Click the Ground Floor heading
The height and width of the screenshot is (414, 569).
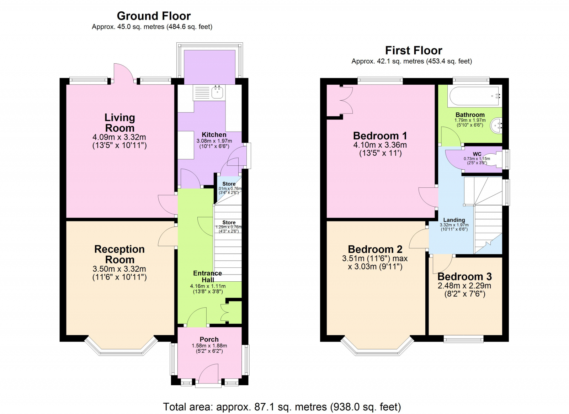point(154,16)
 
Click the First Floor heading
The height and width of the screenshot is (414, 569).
point(413,51)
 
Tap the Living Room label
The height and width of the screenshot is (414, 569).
point(119,123)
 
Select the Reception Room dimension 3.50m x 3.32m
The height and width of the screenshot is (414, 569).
point(119,269)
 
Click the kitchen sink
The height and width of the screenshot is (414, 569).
point(217,92)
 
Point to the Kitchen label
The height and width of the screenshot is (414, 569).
point(214,135)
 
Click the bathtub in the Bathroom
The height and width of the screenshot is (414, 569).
point(474,96)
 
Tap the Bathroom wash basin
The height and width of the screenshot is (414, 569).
point(497,125)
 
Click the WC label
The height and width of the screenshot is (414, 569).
point(477,154)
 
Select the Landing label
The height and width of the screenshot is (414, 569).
point(454,220)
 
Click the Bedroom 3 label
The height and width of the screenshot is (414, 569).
point(464,276)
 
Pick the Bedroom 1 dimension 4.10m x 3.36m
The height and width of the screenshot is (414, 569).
point(380,145)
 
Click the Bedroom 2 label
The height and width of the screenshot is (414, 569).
point(375,249)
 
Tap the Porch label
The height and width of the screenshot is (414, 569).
point(209,339)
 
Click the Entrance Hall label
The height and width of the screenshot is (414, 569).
point(207,276)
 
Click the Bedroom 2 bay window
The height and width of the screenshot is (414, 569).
point(377,351)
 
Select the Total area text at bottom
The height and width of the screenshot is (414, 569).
point(282,407)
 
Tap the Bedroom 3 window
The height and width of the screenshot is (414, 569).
point(463,339)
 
